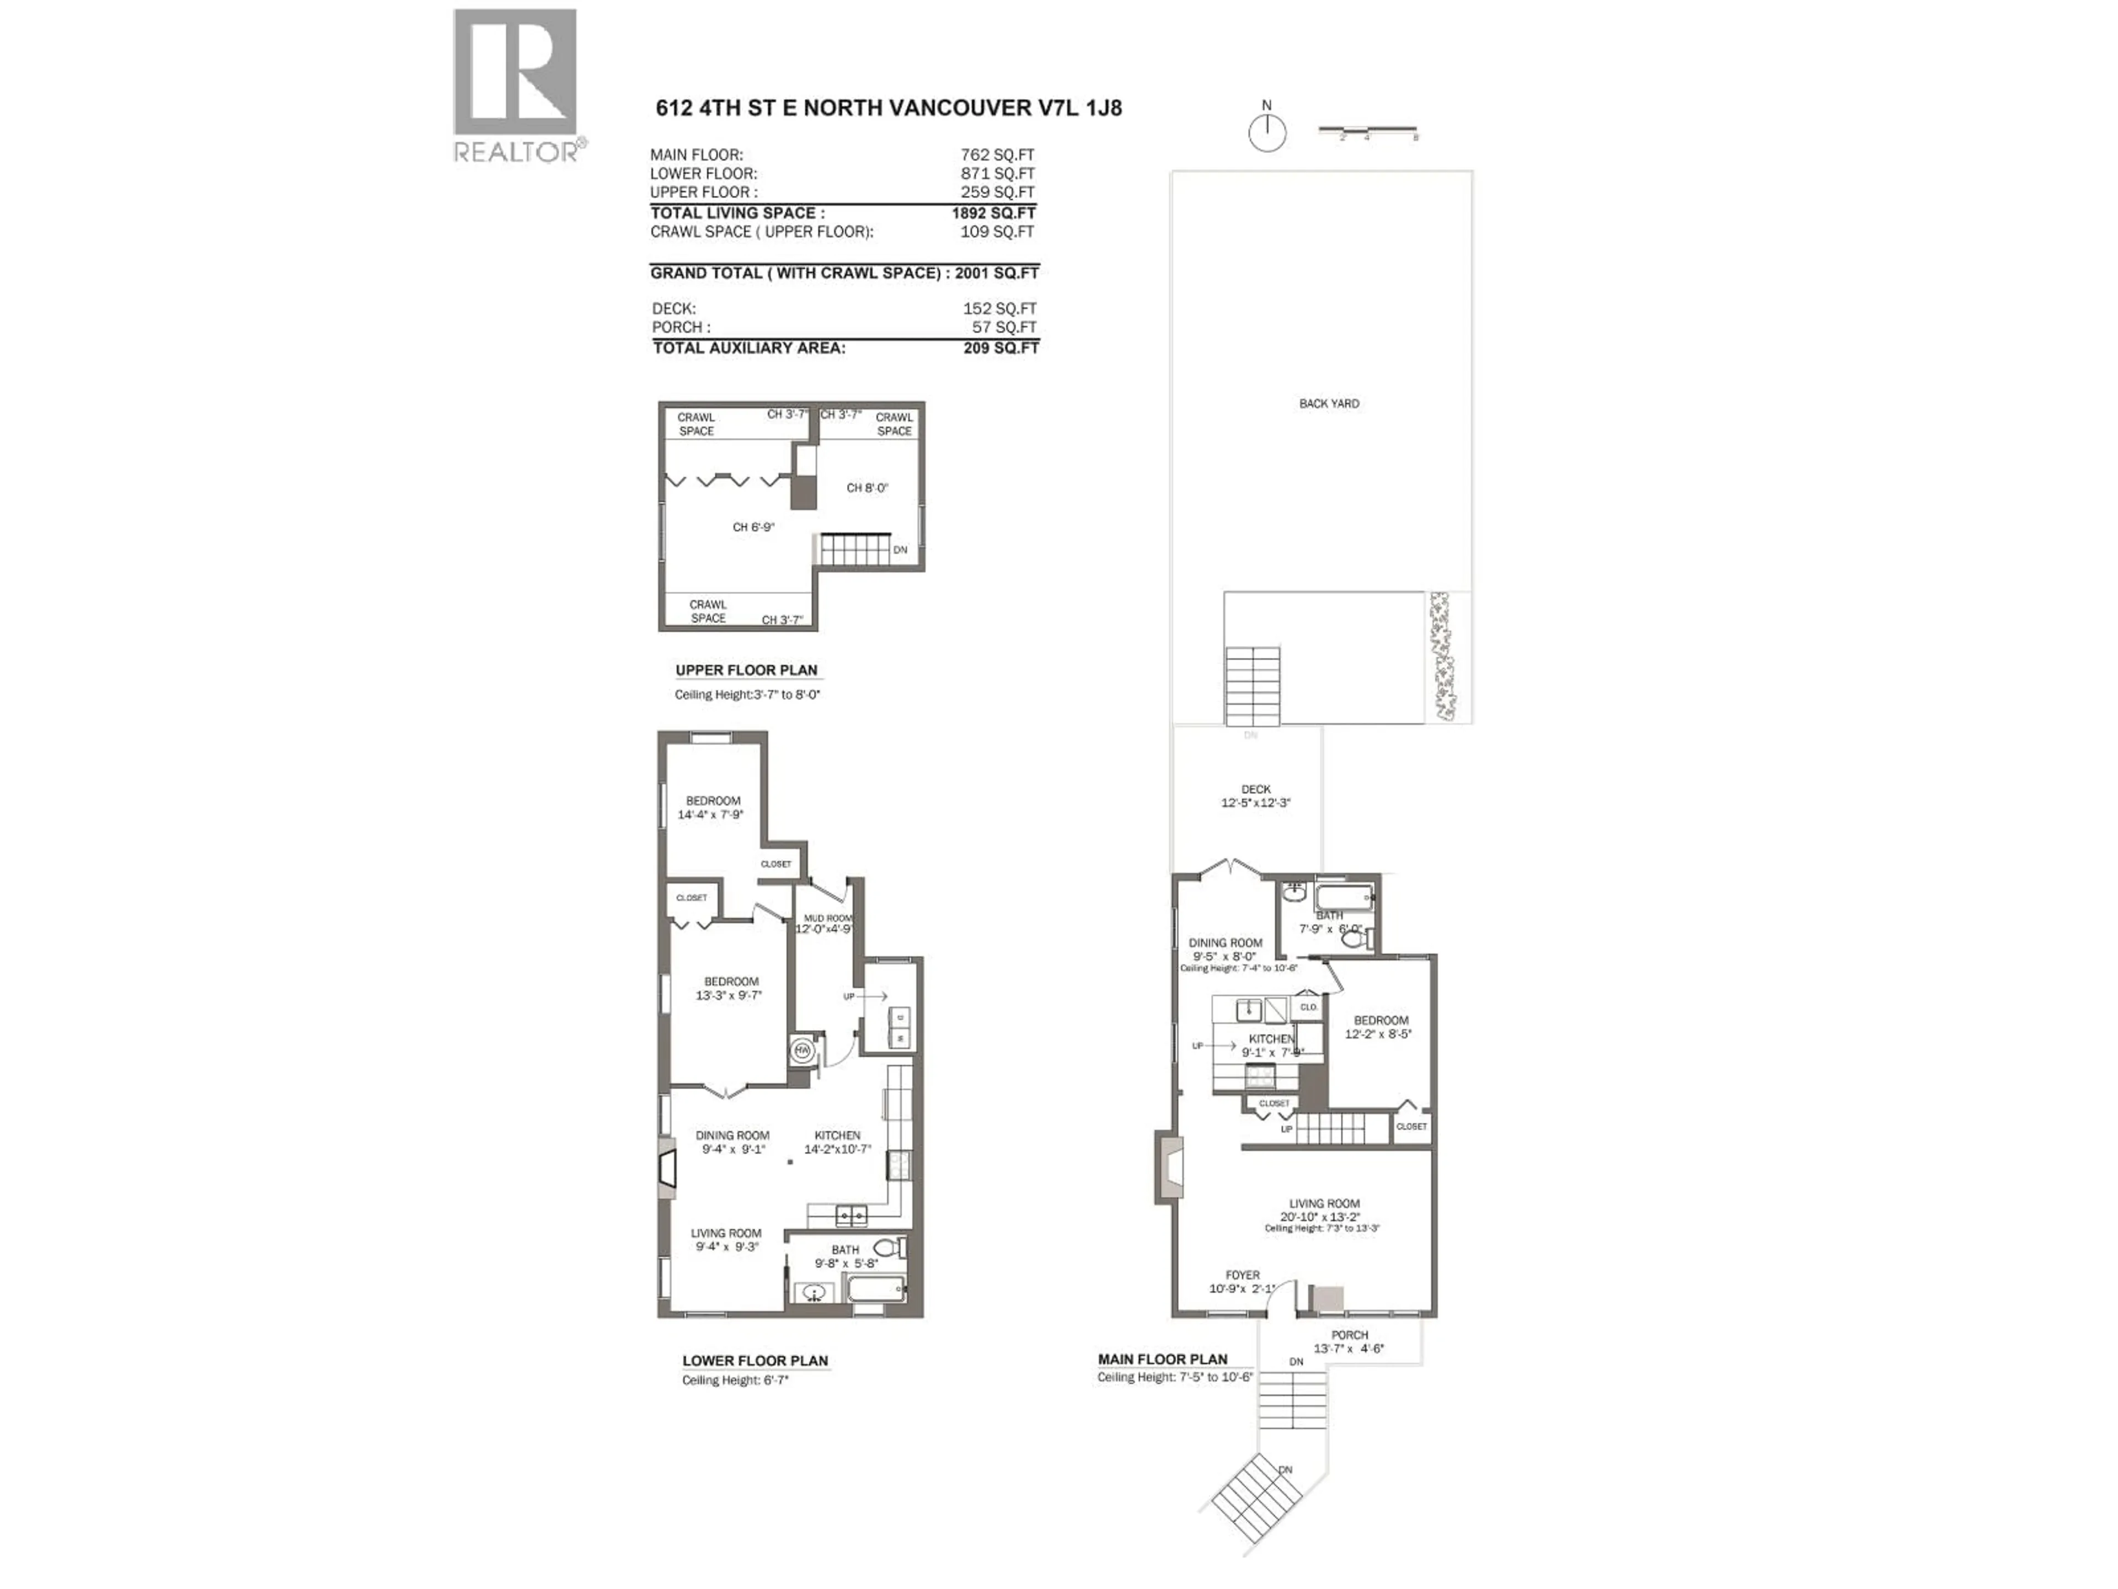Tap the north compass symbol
coord(1267,133)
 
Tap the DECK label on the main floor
coord(1255,789)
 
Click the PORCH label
coord(1349,1334)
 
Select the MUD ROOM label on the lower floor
coord(826,918)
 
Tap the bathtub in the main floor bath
coord(1344,898)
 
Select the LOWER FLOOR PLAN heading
coord(755,1360)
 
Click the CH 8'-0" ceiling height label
coord(867,488)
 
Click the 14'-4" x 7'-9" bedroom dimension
coord(710,814)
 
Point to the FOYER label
coord(1242,1275)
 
